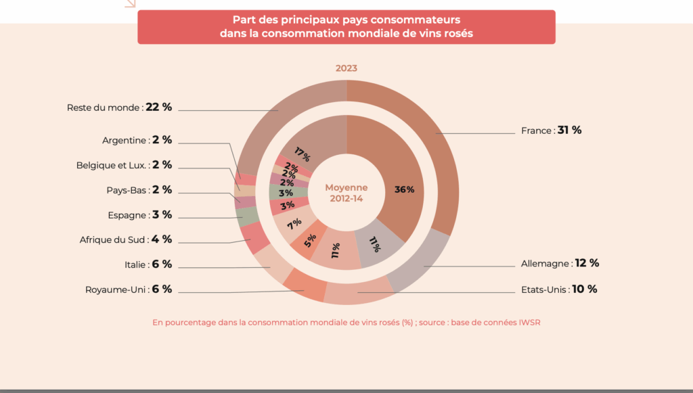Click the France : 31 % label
tap(551, 131)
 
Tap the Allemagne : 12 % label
tap(560, 263)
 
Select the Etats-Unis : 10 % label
tap(559, 289)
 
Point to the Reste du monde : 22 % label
tap(119, 108)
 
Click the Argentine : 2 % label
tap(137, 140)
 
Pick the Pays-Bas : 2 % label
tap(139, 190)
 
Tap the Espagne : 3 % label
tap(140, 215)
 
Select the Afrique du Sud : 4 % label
tap(125, 239)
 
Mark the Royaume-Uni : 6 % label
tap(129, 290)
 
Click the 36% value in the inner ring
tap(404, 190)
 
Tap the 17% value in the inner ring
tap(302, 154)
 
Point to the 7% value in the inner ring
tap(294, 224)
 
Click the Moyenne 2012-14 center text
tap(346, 193)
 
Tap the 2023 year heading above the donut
tap(346, 68)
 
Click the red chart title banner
tap(346, 27)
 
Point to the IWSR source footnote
tap(346, 323)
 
